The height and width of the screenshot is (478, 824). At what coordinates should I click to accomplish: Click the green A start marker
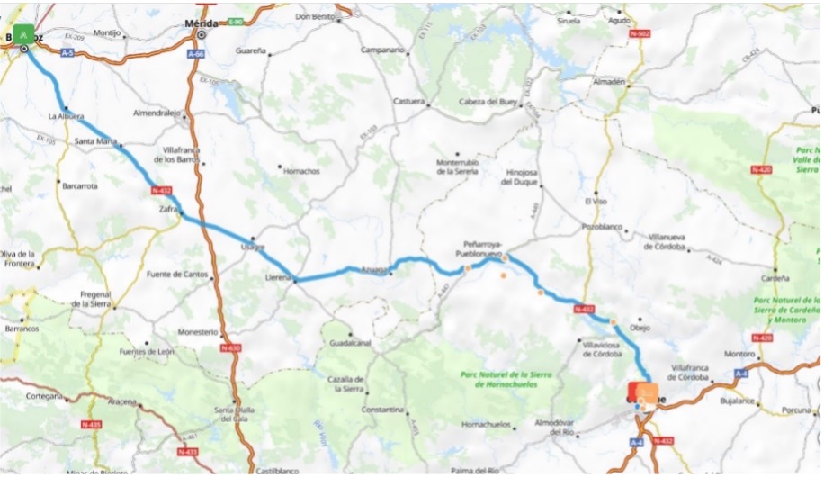tap(24, 33)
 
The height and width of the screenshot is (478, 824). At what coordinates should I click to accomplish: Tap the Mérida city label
tap(202, 23)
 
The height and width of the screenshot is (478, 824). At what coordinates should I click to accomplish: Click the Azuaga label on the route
tap(374, 268)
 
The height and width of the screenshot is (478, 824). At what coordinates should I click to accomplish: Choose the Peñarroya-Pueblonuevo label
tap(487, 248)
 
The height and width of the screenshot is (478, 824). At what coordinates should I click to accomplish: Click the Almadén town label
tap(609, 81)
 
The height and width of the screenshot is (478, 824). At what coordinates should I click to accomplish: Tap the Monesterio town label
tap(198, 331)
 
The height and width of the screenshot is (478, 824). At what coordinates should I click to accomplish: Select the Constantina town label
tap(383, 410)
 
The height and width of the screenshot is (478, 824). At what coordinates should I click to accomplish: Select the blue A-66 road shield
tap(196, 54)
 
